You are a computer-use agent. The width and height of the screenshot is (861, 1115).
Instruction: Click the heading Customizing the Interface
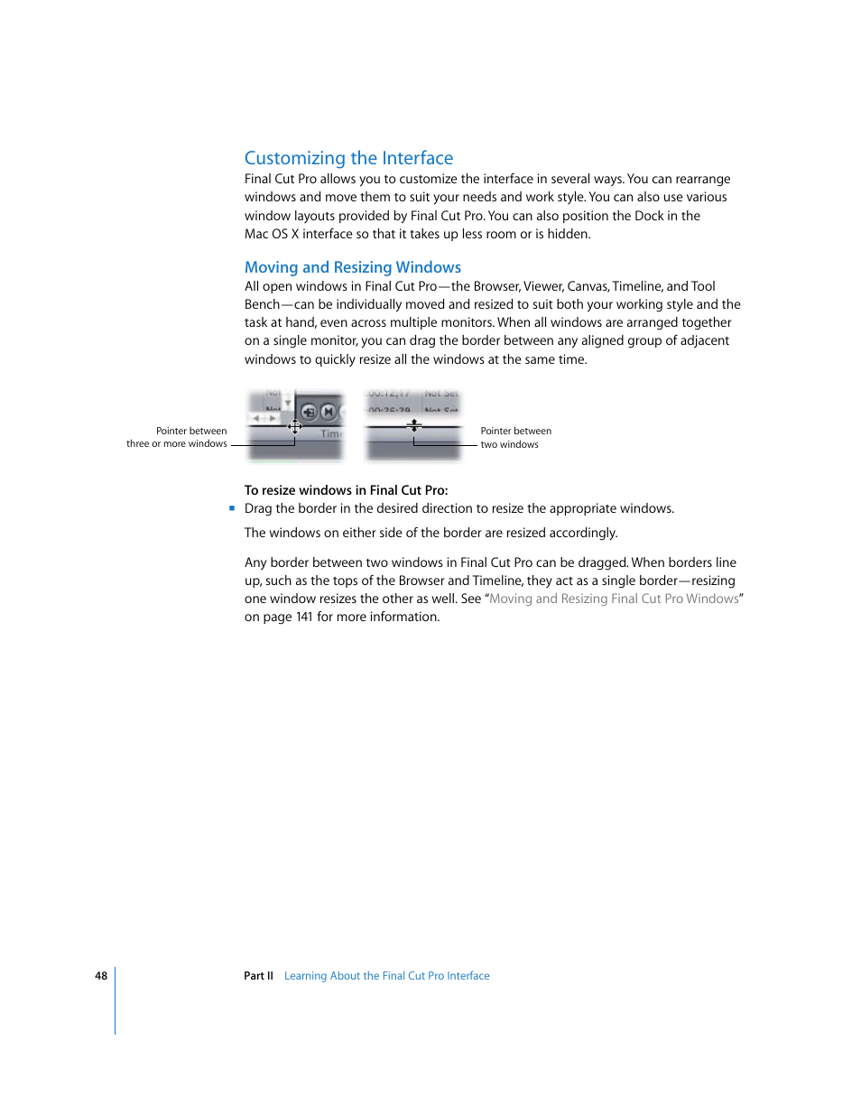coord(348,158)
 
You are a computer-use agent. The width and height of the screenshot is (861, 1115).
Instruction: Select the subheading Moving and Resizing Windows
coord(352,267)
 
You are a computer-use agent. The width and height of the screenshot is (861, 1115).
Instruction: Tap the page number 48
coord(101,976)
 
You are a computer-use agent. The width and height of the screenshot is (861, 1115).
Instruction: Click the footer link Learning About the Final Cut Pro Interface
coord(386,976)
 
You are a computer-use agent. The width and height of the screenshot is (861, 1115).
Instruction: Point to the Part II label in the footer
coord(258,976)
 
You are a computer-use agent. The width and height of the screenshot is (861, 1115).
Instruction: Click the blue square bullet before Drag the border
coord(232,508)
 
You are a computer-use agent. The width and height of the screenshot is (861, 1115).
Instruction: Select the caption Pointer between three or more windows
coord(177,438)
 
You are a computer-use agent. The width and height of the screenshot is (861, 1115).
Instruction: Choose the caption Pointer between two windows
coord(515,438)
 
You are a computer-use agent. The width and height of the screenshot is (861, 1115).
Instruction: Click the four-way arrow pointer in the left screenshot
coord(295,426)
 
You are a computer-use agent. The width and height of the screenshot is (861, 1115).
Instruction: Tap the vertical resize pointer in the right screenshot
coord(414,424)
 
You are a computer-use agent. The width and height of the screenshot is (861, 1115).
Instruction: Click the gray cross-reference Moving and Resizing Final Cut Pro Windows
coord(614,599)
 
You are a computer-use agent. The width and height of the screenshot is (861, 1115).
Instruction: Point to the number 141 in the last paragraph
coord(304,618)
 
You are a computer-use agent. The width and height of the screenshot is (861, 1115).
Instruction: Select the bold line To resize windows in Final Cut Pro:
coord(346,490)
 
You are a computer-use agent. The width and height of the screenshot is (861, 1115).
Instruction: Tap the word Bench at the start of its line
coord(262,305)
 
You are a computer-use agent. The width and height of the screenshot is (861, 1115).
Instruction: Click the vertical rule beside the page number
coord(116,1000)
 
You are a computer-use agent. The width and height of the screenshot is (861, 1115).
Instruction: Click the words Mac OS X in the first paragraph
coord(271,235)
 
